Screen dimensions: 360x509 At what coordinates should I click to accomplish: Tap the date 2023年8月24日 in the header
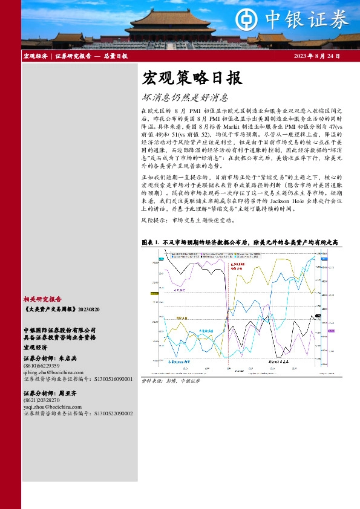[316, 56]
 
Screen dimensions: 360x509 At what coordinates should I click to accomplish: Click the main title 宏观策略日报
[192, 78]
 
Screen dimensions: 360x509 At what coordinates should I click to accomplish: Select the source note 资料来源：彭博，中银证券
[170, 381]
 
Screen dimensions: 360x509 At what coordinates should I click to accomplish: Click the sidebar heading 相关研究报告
[42, 299]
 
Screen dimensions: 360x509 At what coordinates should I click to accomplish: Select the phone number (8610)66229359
[42, 366]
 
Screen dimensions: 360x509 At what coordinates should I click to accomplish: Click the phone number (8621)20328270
[42, 400]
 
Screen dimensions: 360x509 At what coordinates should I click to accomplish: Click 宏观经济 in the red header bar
[36, 56]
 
